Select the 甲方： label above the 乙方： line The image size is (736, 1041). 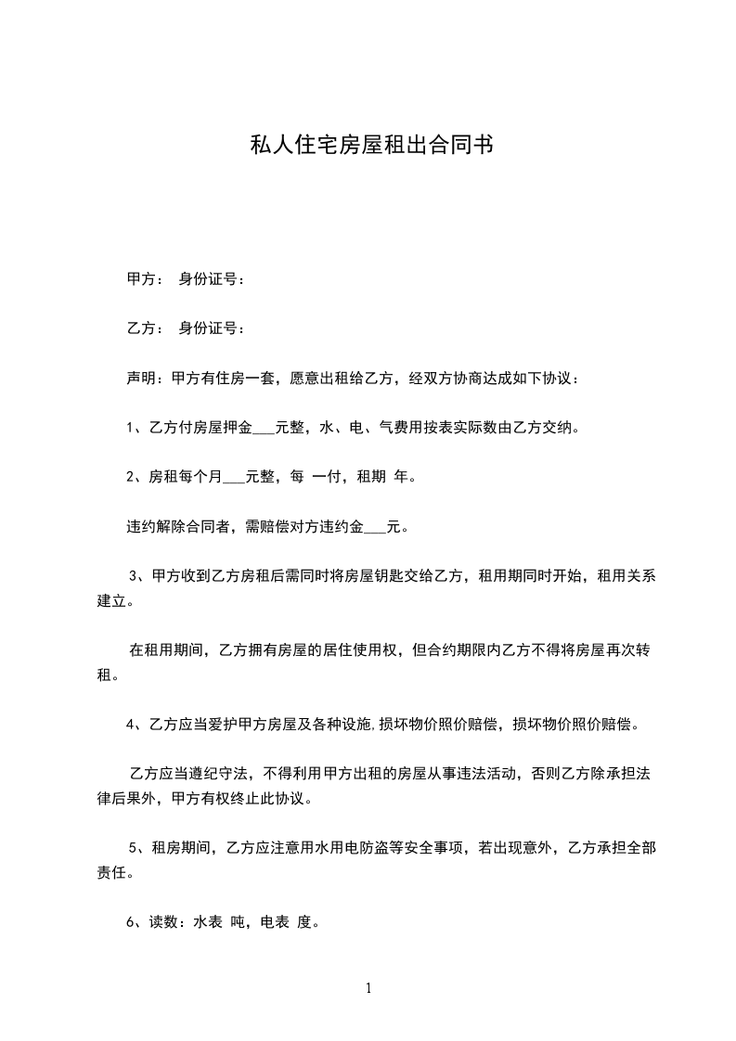(144, 278)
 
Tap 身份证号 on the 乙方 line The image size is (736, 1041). (209, 328)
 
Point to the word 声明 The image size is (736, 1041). (140, 379)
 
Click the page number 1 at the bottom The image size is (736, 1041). (368, 988)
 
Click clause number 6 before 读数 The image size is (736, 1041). (130, 922)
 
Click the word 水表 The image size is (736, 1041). (209, 922)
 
